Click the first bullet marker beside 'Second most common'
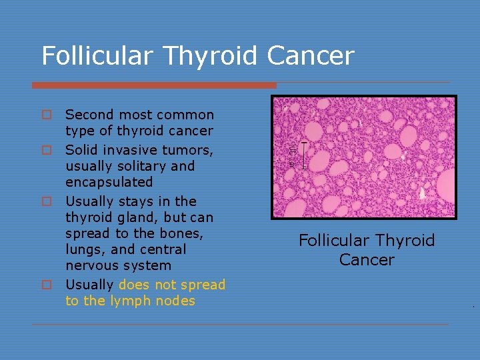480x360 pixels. click(x=47, y=115)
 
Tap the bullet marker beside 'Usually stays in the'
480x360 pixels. click(x=47, y=201)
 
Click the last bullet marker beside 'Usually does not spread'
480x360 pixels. click(x=47, y=285)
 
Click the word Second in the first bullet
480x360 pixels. click(x=89, y=115)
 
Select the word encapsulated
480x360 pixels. click(x=109, y=182)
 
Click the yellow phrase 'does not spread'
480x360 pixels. click(x=172, y=285)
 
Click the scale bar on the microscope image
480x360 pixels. click(x=304, y=155)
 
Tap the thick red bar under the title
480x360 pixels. click(x=154, y=85)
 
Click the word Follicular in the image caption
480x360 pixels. click(x=331, y=241)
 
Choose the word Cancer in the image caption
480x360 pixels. click(x=366, y=259)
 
